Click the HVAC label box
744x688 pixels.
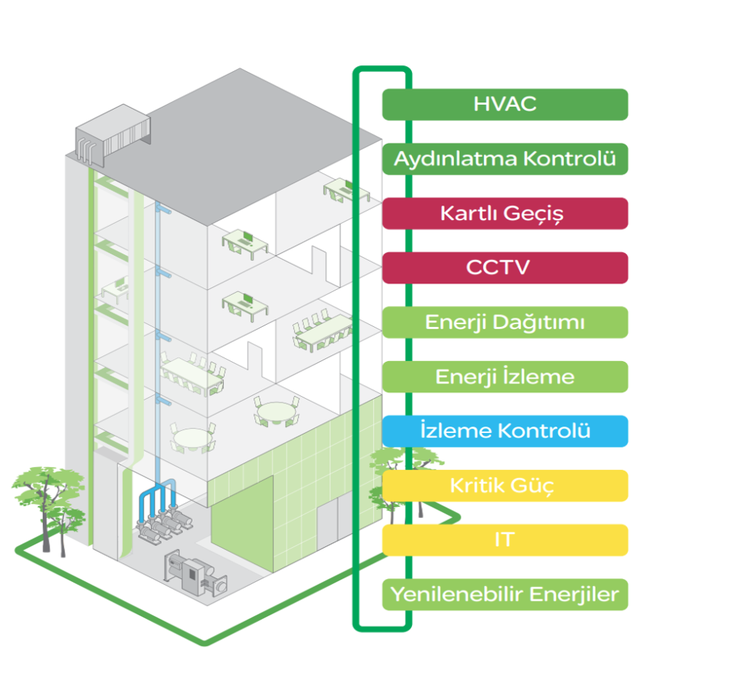504,104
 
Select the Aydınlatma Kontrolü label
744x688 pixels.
504,158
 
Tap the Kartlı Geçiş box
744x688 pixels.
504,214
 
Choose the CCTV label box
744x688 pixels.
504,267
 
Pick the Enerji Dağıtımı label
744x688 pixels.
504,322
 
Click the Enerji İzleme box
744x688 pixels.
504,376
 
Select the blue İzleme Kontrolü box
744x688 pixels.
504,431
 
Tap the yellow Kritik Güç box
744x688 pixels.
504,485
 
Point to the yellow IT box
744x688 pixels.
504,540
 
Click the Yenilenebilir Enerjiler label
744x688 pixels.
504,594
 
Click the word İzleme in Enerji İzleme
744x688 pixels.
542,376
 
